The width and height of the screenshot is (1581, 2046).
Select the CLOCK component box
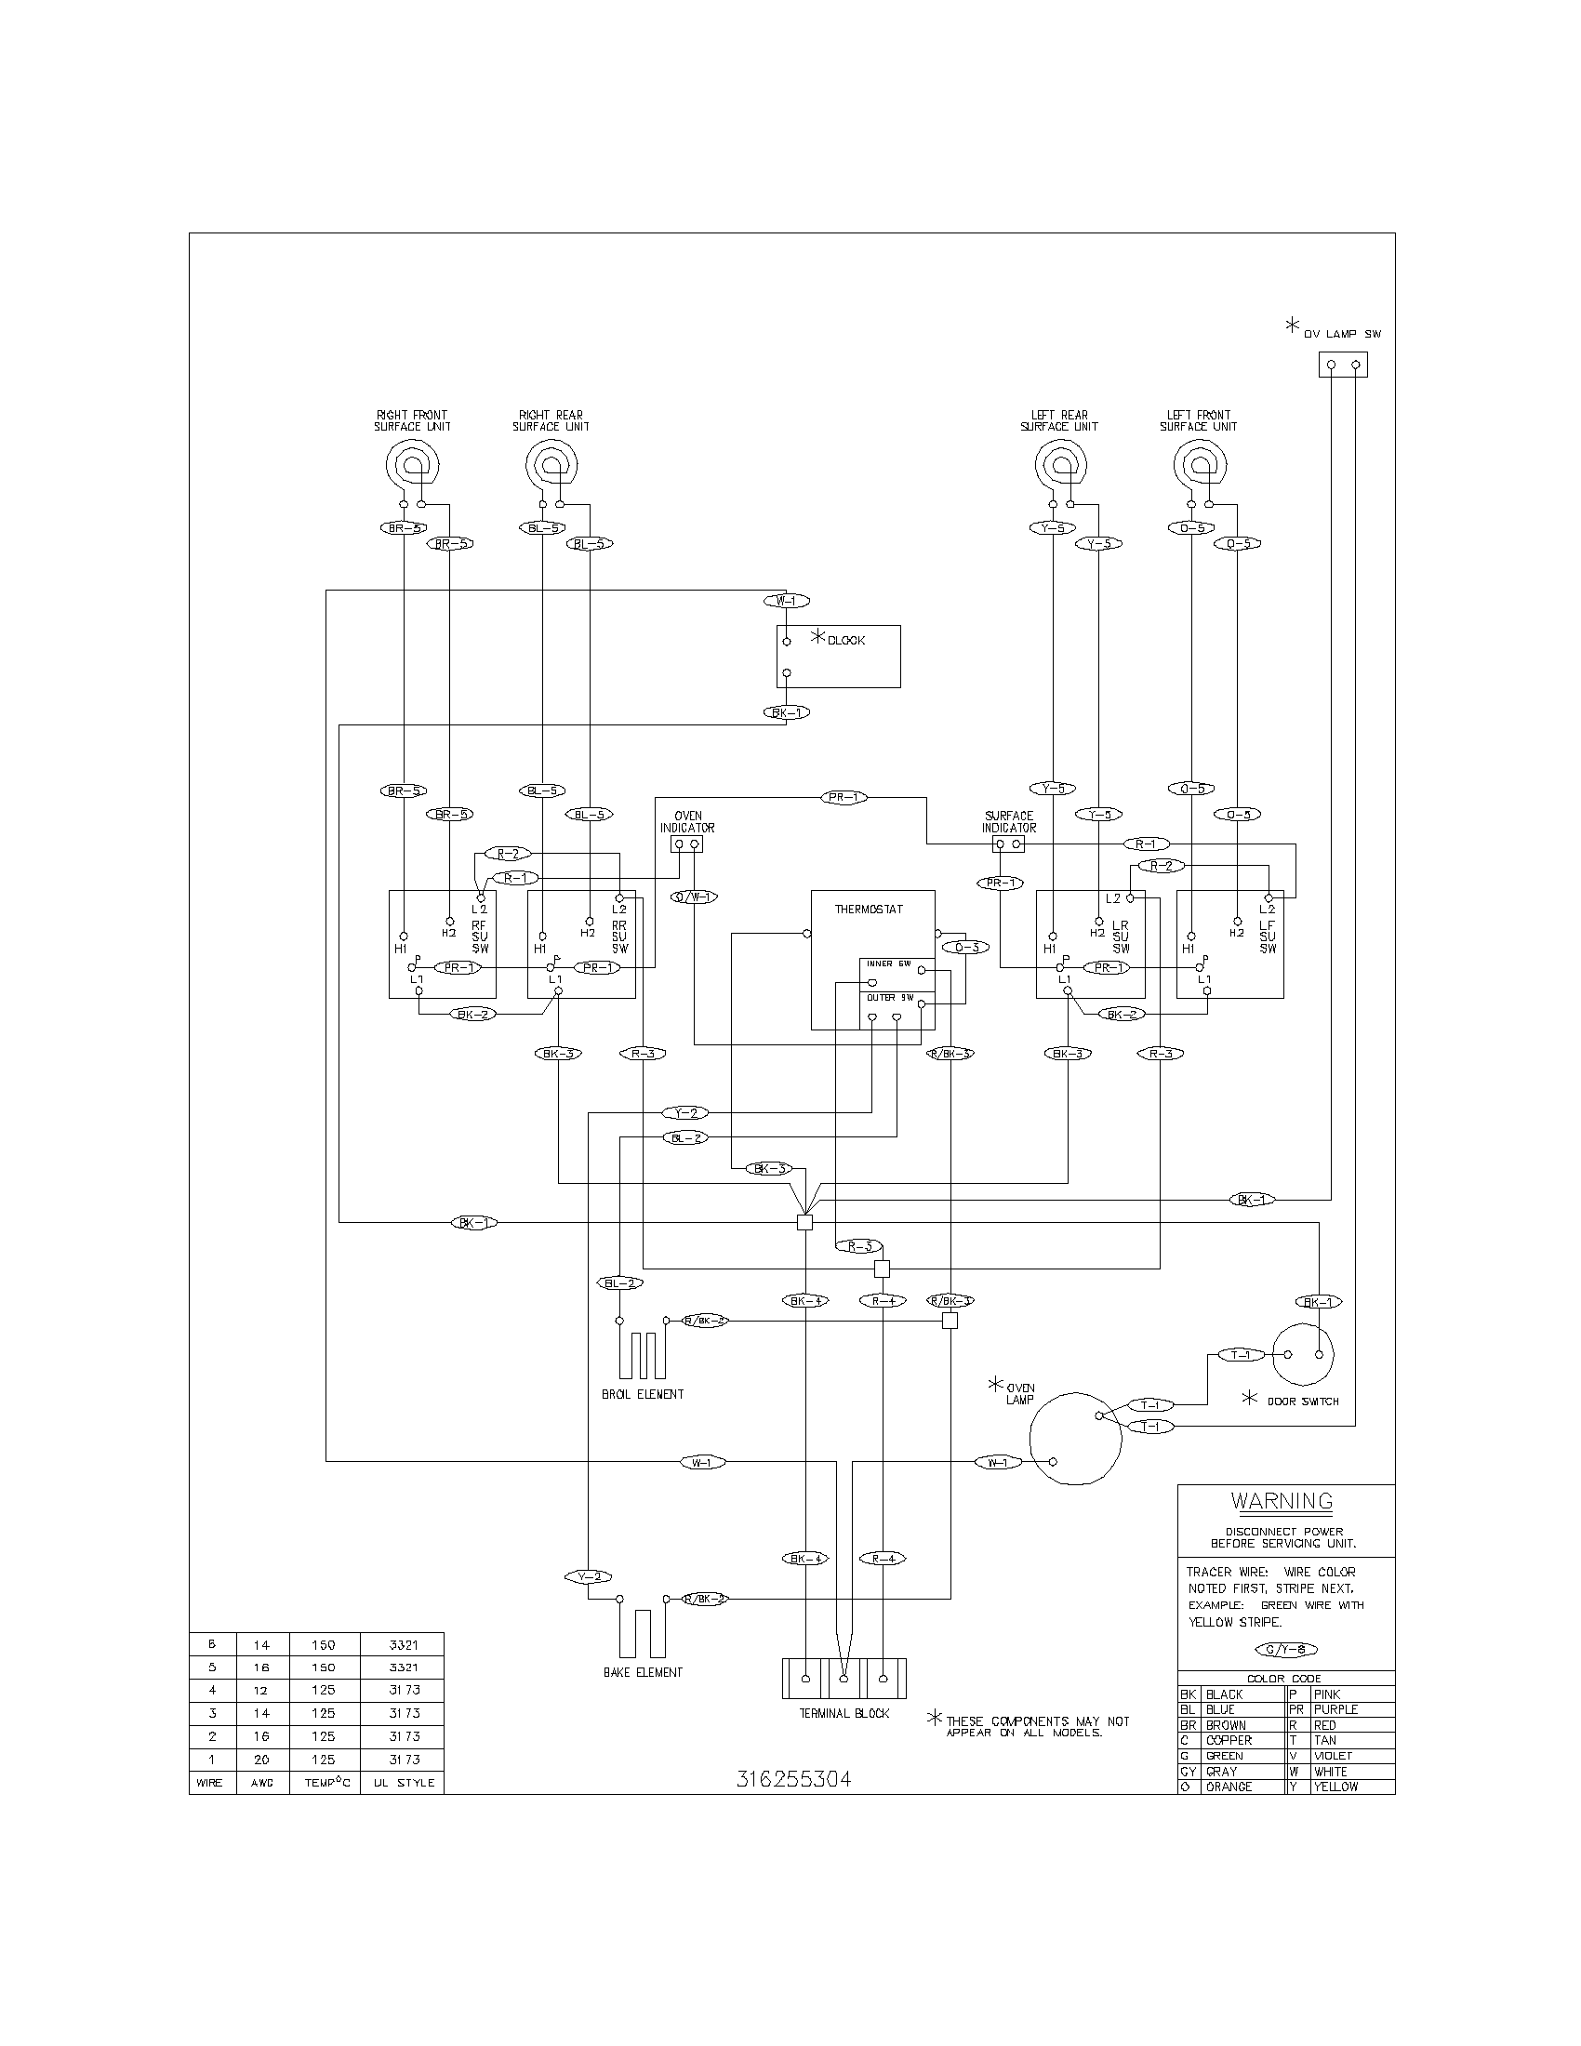click(x=838, y=657)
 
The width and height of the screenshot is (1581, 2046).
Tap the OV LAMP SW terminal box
click(x=1342, y=365)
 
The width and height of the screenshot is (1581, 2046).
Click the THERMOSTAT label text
click(x=869, y=909)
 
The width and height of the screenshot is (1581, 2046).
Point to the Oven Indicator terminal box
click(x=687, y=844)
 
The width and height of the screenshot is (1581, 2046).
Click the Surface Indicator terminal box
click(x=1009, y=844)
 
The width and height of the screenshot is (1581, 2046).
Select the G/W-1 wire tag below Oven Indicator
click(x=694, y=897)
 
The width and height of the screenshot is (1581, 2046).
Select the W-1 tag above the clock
click(x=786, y=601)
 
